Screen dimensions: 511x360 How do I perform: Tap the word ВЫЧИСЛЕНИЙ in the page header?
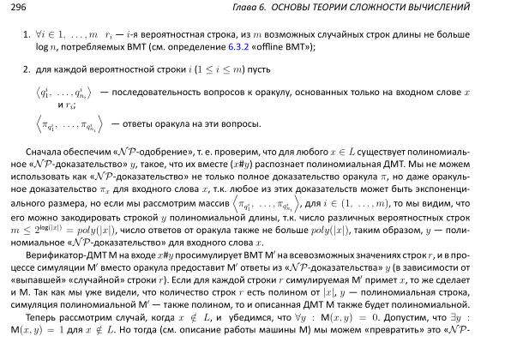click(x=468, y=8)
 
